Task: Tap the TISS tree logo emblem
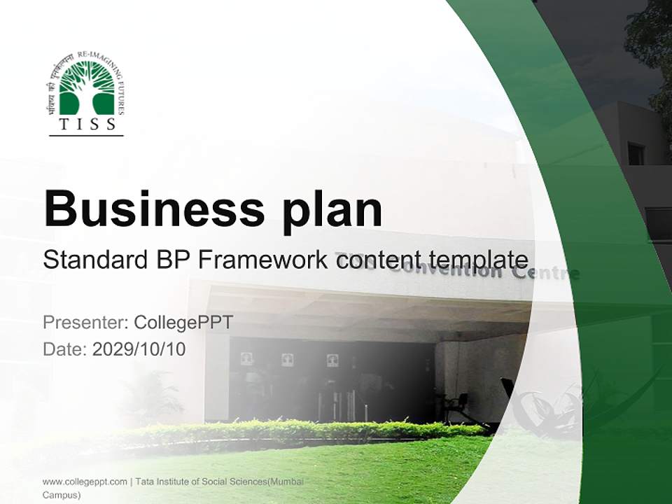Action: point(86,87)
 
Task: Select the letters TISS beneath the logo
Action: point(86,125)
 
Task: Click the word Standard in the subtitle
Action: point(92,259)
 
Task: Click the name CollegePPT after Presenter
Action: point(183,323)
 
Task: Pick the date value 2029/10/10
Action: point(139,349)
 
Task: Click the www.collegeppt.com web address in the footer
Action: point(85,482)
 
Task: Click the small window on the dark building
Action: point(636,153)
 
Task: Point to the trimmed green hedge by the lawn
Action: point(301,429)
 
